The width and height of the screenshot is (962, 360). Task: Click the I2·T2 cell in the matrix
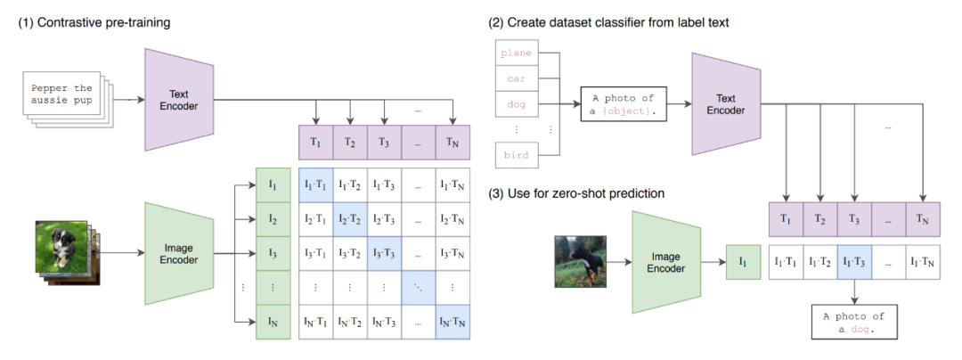coord(350,219)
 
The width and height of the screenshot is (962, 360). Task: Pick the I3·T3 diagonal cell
coord(385,252)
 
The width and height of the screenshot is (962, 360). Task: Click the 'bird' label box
coord(516,155)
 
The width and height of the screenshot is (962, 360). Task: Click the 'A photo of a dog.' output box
coord(854,323)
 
